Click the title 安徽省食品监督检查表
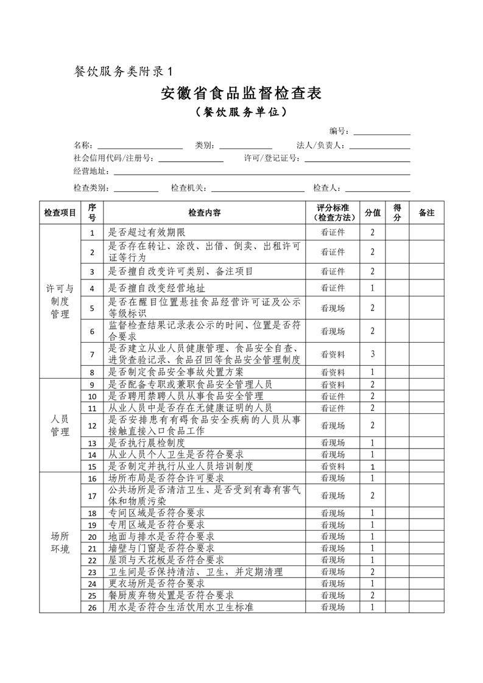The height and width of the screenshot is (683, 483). click(x=241, y=93)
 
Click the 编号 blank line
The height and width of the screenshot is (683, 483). click(x=382, y=131)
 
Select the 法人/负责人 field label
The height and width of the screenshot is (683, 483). click(x=321, y=145)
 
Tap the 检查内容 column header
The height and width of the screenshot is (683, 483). click(x=205, y=213)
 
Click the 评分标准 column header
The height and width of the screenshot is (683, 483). click(x=333, y=213)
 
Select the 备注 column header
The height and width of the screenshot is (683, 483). click(x=426, y=213)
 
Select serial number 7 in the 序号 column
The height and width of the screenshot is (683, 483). click(x=92, y=354)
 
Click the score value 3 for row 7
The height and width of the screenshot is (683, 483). click(x=372, y=354)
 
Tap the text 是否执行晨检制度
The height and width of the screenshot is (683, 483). click(x=146, y=443)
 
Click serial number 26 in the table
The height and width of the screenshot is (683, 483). click(x=92, y=607)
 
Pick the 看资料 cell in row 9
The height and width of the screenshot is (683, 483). click(x=333, y=385)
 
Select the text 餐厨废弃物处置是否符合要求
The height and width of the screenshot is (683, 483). click(x=171, y=595)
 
